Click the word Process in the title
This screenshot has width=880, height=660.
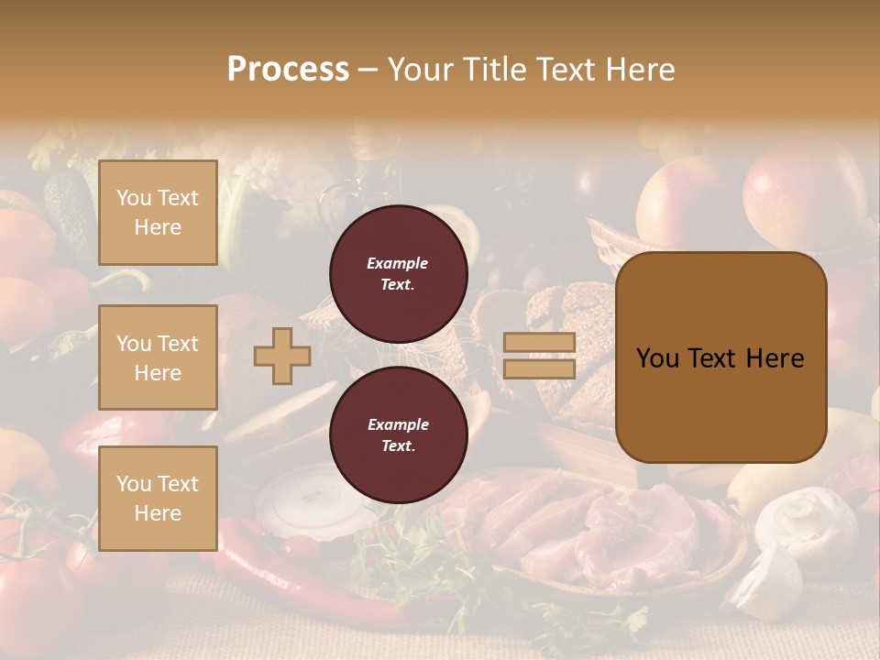[288, 70]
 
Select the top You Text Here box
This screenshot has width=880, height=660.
[158, 213]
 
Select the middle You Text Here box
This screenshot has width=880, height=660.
[158, 357]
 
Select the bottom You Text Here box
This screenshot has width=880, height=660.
[158, 499]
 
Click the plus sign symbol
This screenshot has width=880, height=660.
[282, 356]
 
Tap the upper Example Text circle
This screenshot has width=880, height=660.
[398, 274]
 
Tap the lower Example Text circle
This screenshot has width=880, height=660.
[398, 435]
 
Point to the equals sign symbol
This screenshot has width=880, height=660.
[539, 356]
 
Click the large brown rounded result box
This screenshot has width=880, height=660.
[720, 357]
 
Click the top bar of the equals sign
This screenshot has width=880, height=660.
[539, 343]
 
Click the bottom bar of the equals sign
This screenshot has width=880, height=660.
[539, 368]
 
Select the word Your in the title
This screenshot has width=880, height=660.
[419, 70]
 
